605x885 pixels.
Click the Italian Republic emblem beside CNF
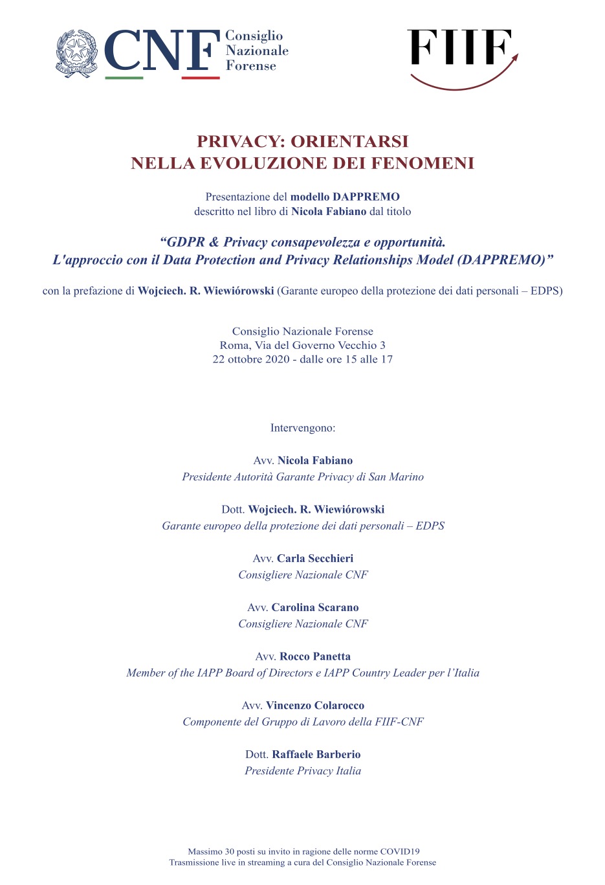77,53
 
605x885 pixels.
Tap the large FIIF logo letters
459,48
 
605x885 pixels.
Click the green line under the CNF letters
124,78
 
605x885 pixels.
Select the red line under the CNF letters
201,78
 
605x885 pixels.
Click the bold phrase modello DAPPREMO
345,197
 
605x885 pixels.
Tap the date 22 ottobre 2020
252,359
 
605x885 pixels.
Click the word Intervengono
303,428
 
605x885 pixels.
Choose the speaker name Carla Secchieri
315,558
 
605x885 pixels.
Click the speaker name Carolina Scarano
315,607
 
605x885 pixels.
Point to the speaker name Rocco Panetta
315,656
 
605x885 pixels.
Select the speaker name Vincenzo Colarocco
315,706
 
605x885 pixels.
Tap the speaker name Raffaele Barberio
316,754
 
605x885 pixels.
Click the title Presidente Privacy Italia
303,771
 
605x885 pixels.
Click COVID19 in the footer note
399,852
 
